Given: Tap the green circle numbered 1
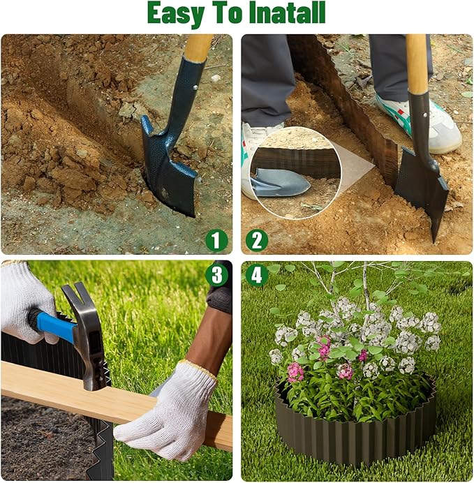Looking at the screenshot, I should pos(217,240).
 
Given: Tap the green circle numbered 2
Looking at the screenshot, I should pos(256,240).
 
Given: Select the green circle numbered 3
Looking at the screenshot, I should pos(217,275).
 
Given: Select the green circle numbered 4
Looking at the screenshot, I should pos(256,275).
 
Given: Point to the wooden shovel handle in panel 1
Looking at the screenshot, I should pos(198,47).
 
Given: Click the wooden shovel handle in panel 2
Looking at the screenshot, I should pos(417,63).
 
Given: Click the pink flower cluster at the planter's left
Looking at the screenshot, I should pos(295,371).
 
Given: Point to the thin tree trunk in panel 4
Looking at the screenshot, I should pos(364,286).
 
